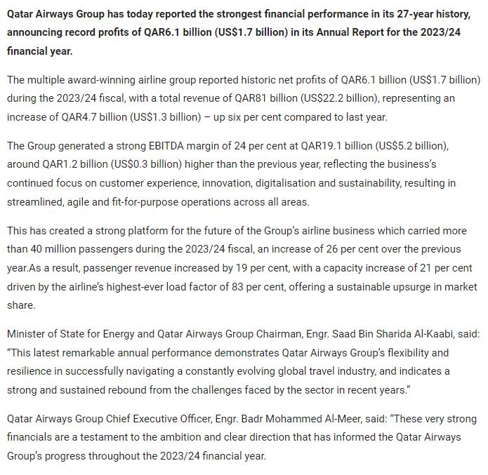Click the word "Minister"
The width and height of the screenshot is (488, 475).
click(27, 334)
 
